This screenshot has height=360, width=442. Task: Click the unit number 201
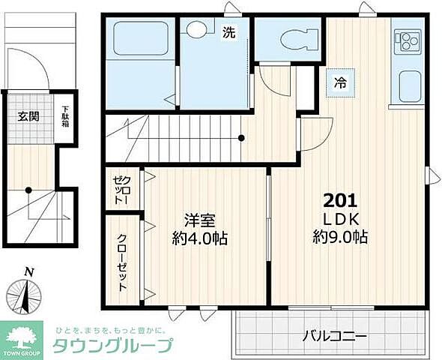pos(340,201)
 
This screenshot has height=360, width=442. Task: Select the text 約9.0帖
pos(340,238)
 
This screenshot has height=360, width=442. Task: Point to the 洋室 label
pos(200,220)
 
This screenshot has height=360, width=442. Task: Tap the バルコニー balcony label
pos(335,335)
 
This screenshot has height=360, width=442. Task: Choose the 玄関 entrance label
pos(28,116)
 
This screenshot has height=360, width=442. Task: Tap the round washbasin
pos(197,31)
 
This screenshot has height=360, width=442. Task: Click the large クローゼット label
pos(122,262)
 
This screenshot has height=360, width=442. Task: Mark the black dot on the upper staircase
pos(241,138)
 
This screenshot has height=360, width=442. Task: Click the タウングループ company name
pos(112,346)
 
